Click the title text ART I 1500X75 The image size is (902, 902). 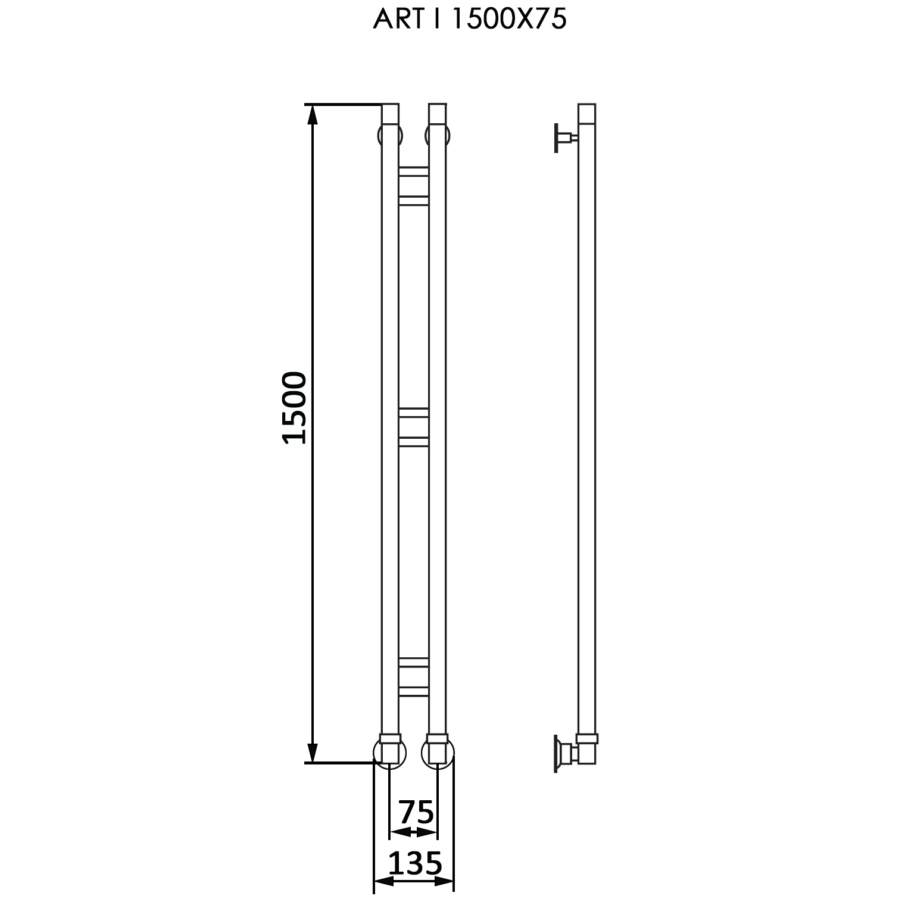469,20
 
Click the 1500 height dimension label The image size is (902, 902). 295,408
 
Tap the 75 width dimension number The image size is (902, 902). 416,812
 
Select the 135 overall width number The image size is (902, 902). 415,863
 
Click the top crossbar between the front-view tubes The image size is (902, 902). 413,186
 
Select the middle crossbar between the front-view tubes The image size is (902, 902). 413,427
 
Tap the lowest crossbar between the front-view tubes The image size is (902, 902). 413,677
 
